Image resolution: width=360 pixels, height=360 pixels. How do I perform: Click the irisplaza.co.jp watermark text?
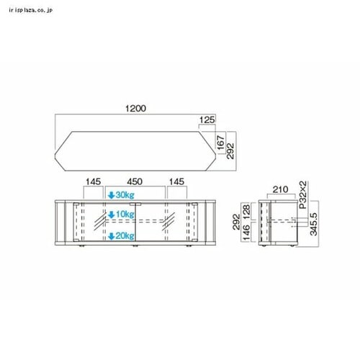[x=33, y=11]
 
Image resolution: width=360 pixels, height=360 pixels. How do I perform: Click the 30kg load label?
[x=124, y=195]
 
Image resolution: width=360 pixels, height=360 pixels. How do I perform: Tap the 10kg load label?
[x=124, y=215]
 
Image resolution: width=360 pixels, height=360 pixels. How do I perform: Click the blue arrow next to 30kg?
[x=111, y=195]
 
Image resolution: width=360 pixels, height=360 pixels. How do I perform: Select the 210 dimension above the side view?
[x=282, y=190]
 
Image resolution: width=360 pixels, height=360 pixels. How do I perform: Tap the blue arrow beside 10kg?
[x=111, y=215]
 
